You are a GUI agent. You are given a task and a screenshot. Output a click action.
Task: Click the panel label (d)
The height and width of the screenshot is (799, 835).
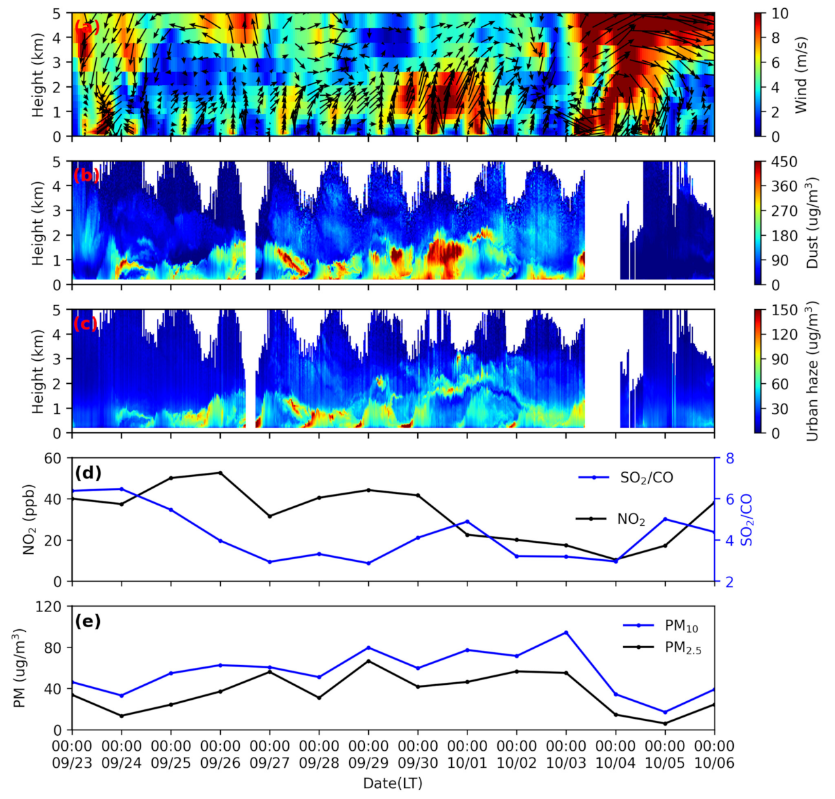pyautogui.click(x=87, y=472)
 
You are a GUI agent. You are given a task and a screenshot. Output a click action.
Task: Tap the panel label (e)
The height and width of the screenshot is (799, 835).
pyautogui.click(x=87, y=621)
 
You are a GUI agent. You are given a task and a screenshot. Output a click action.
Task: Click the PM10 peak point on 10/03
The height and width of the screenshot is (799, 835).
pyautogui.click(x=566, y=633)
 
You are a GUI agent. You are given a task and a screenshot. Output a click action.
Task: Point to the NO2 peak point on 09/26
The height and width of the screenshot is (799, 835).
pyautogui.click(x=220, y=473)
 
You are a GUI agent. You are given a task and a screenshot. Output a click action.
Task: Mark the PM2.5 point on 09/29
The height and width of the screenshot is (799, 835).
pyautogui.click(x=368, y=661)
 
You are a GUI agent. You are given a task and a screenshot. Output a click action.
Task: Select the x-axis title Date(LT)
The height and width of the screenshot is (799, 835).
pyautogui.click(x=393, y=783)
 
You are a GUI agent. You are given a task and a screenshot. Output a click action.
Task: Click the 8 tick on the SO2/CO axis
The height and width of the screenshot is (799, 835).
pyautogui.click(x=730, y=458)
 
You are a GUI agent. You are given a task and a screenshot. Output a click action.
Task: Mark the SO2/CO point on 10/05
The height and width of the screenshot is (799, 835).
pyautogui.click(x=665, y=519)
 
